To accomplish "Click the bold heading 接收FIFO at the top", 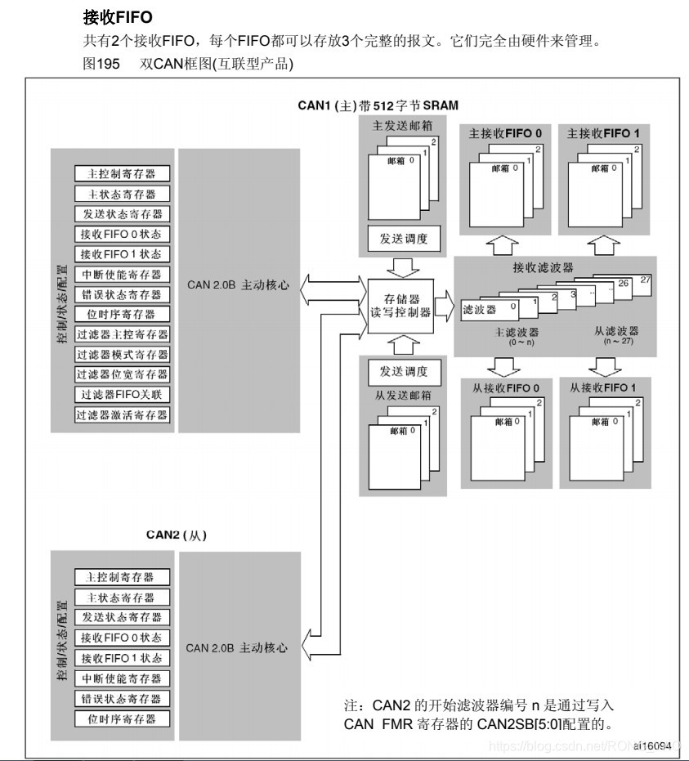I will click(118, 16).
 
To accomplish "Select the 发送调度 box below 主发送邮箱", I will click(403, 239).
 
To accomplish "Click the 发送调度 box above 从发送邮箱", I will click(403, 371).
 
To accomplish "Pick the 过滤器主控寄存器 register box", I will click(123, 334).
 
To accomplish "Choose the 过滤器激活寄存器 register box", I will click(123, 414).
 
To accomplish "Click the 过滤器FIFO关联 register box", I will click(123, 395).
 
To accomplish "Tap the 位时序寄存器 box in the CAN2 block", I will click(123, 718).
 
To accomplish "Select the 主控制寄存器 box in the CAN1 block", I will click(123, 173).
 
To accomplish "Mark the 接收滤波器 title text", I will click(543, 266).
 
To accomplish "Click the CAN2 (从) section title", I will click(176, 535).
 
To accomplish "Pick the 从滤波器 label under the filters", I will click(616, 331).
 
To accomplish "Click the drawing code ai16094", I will click(651, 745).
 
